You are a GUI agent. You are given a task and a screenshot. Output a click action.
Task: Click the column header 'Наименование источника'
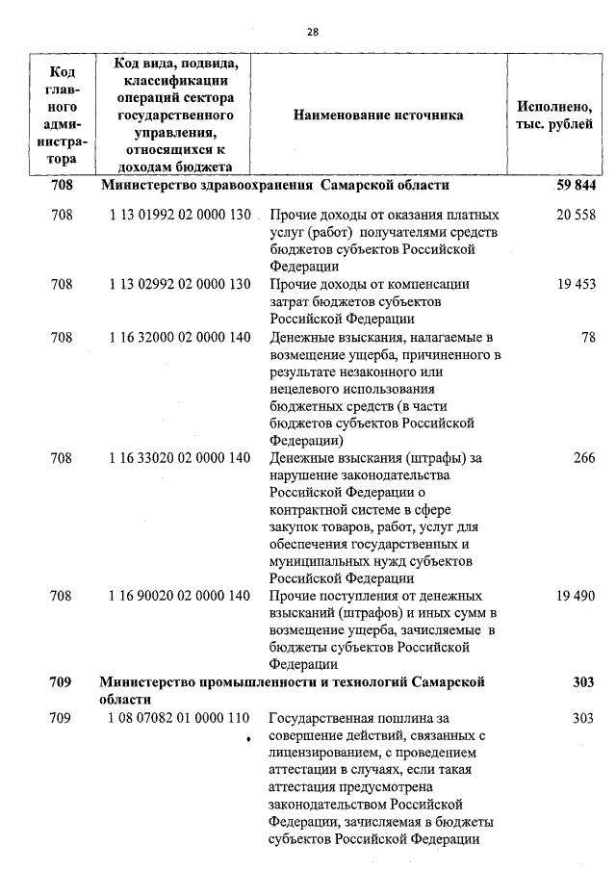(x=378, y=115)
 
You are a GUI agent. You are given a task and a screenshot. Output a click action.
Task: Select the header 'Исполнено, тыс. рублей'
(x=555, y=115)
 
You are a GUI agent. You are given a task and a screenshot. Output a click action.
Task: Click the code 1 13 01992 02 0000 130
(x=180, y=216)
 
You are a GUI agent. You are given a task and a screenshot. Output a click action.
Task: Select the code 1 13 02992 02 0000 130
(x=180, y=284)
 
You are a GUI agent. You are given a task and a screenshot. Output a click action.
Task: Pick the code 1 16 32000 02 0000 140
(x=180, y=337)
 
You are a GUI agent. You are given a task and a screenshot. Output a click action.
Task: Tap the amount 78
(x=587, y=337)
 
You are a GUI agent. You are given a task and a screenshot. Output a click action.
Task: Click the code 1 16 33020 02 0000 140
(x=180, y=458)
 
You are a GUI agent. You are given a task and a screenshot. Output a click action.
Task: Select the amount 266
(x=583, y=458)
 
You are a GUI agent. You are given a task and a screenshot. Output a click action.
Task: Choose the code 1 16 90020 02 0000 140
(x=180, y=596)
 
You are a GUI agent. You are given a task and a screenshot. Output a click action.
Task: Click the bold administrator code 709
(x=61, y=682)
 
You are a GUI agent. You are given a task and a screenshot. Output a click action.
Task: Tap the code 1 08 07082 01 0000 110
(x=180, y=718)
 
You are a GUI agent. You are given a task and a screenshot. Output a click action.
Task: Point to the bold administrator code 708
(x=61, y=185)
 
